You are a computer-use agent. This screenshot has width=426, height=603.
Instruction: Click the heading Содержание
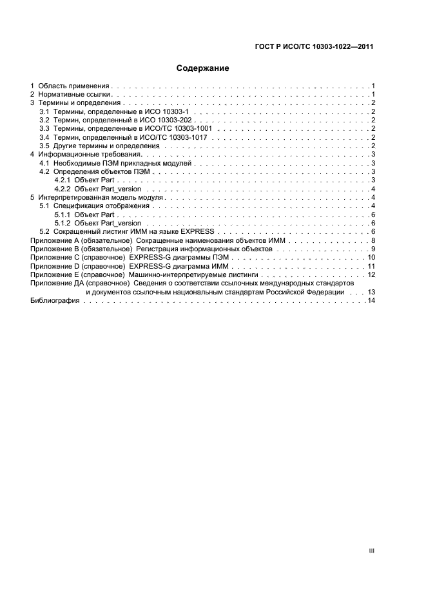coord(203,68)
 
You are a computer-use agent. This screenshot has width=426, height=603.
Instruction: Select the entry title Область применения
coord(75,86)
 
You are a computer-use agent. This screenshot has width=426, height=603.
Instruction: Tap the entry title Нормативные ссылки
coord(74,95)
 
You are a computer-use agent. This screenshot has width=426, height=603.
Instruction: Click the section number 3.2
coord(44,120)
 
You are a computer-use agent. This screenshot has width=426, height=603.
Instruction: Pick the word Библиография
coord(55,301)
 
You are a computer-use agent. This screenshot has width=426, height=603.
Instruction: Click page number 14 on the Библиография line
coord(371,301)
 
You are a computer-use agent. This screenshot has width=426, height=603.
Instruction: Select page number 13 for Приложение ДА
coord(371,292)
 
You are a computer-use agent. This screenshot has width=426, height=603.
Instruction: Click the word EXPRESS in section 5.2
coord(202,231)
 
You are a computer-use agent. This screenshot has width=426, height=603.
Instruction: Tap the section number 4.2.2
coord(63,189)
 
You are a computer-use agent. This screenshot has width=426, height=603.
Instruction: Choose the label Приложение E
coord(53,274)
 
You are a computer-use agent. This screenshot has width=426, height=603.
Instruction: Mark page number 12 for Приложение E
coord(371,274)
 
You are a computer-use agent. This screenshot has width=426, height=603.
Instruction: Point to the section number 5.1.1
coord(63,214)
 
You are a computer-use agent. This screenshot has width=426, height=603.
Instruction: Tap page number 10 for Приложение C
coord(371,257)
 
